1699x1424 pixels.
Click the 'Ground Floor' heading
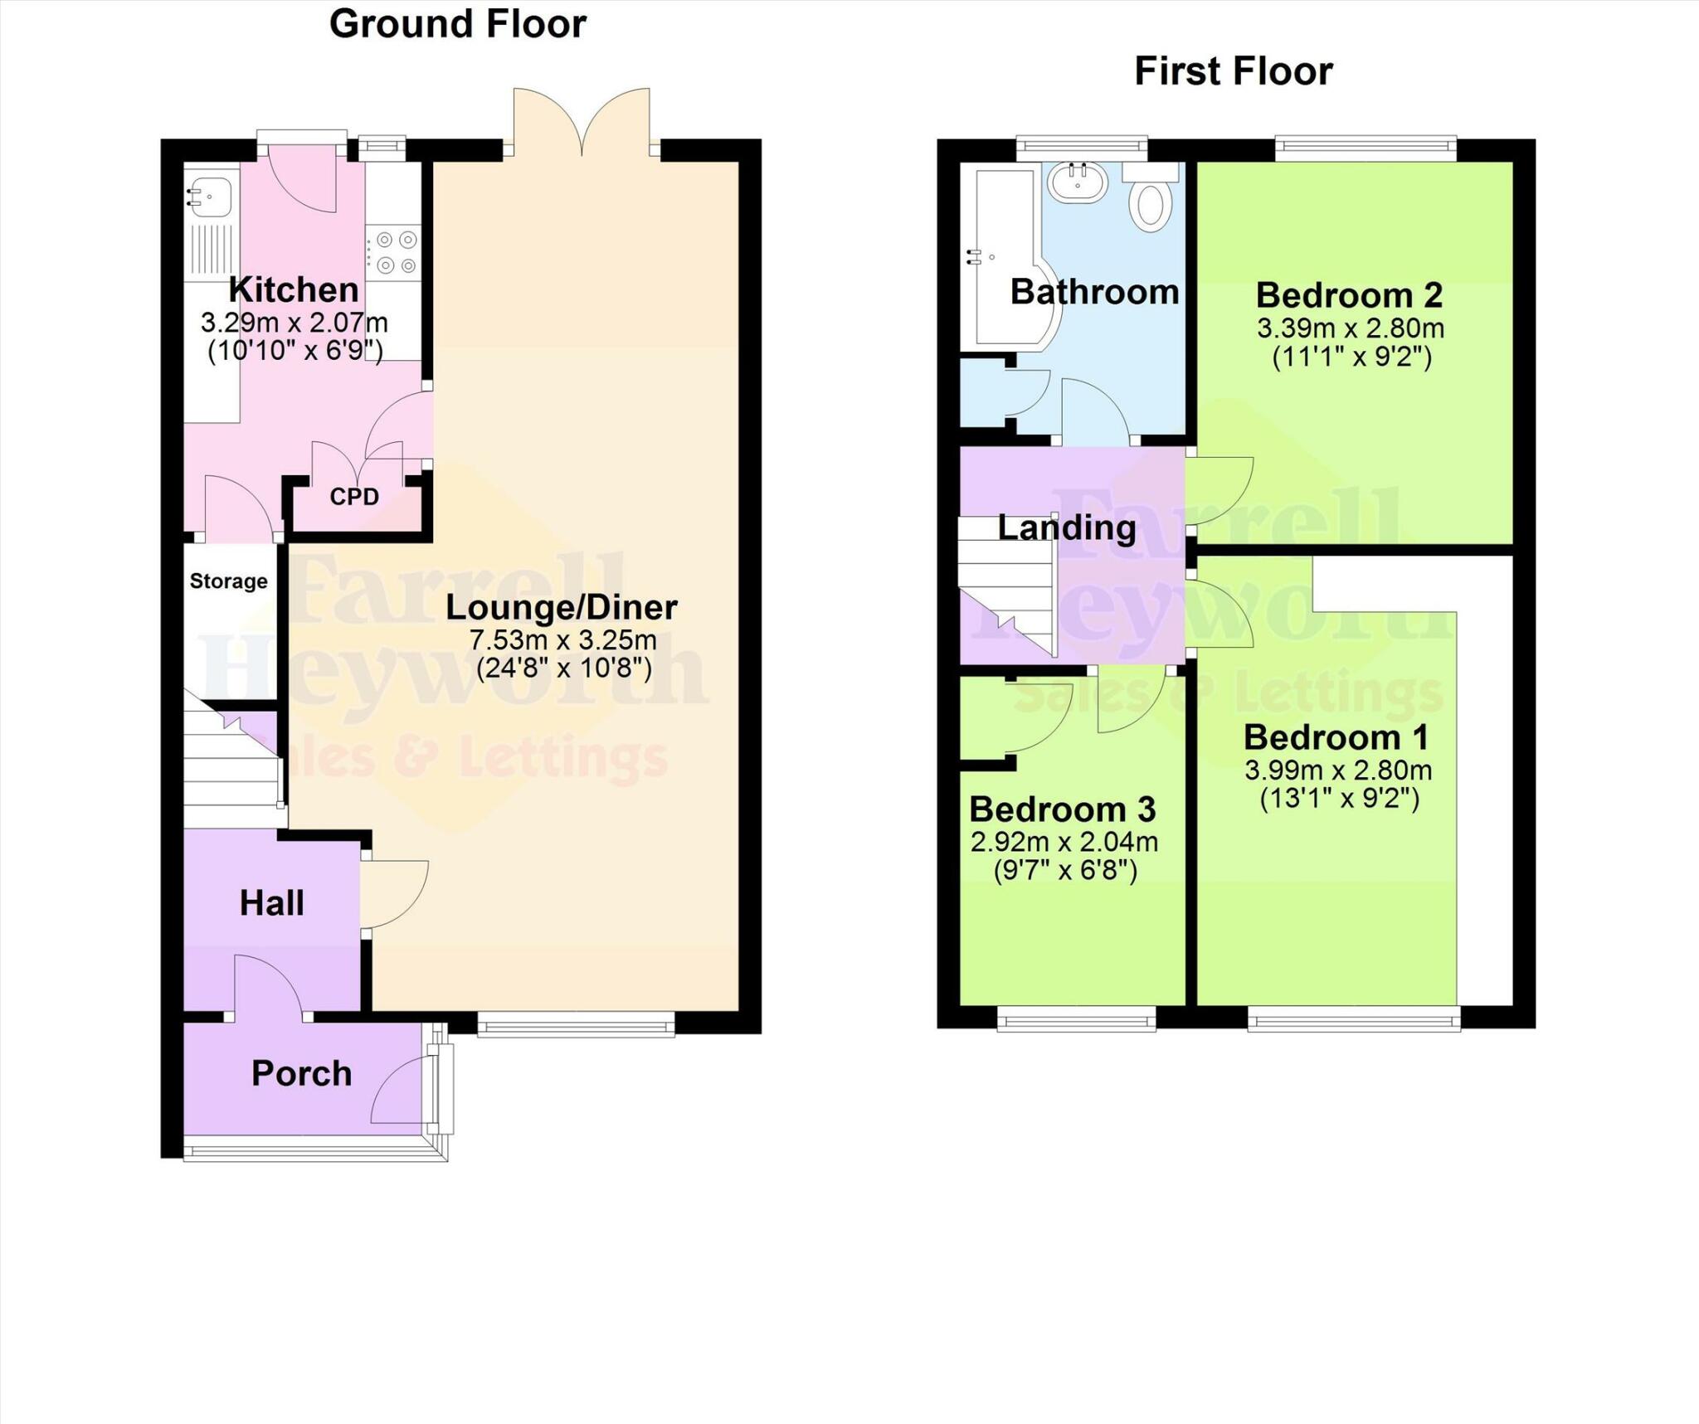[457, 24]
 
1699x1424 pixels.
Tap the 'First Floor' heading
[1233, 71]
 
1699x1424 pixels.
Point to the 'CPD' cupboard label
[354, 497]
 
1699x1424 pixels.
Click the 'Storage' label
[228, 581]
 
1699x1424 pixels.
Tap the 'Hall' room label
[271, 903]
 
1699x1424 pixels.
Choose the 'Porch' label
[301, 1074]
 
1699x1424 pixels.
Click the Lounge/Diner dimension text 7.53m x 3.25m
[562, 640]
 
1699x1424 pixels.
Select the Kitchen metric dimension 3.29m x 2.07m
[294, 323]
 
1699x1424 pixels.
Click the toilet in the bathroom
[1151, 203]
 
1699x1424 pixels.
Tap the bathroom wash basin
[1077, 182]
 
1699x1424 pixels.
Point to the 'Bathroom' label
[1094, 292]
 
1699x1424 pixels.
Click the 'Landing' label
[1067, 527]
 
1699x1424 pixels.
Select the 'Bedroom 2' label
[1349, 295]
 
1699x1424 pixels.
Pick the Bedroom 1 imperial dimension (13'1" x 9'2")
[1339, 799]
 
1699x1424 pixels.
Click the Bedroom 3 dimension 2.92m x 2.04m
[1064, 843]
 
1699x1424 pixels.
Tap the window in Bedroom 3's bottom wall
[1076, 1018]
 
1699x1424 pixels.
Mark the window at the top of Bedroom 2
[1366, 148]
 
